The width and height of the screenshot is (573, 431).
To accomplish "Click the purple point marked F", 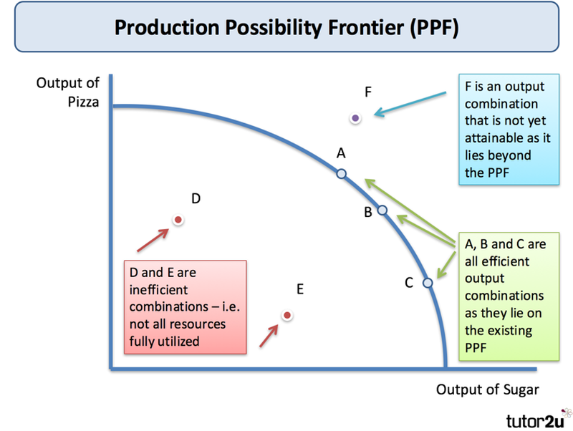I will click(x=356, y=117).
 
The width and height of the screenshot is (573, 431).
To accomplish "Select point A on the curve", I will click(x=341, y=173).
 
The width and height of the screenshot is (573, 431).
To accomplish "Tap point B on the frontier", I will click(x=382, y=210).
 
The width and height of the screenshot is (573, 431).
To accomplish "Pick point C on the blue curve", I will click(x=428, y=283).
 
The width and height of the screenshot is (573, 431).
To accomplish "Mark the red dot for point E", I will click(x=286, y=314).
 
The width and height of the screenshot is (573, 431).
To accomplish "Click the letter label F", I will click(x=367, y=92).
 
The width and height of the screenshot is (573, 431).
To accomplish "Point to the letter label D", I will click(x=195, y=198).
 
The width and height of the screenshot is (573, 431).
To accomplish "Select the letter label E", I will click(x=300, y=289).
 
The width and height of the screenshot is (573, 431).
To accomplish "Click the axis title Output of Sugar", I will click(x=486, y=389).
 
